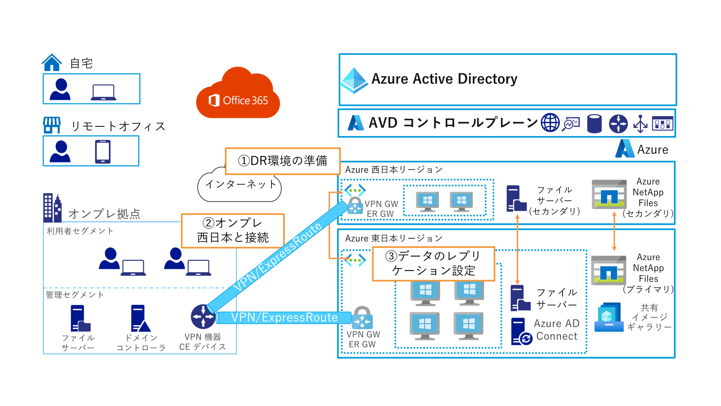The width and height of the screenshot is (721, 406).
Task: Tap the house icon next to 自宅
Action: pyautogui.click(x=52, y=63)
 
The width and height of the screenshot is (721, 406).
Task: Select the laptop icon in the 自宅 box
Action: pyautogui.click(x=103, y=92)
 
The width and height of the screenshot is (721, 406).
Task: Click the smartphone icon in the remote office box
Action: pyautogui.click(x=103, y=151)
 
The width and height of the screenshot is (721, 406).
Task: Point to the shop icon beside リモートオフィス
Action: pyautogui.click(x=52, y=125)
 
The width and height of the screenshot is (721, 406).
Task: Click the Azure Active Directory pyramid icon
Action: pyautogui.click(x=354, y=80)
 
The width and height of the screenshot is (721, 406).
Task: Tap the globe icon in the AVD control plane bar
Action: pyautogui.click(x=550, y=123)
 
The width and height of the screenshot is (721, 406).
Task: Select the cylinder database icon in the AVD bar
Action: pyautogui.click(x=594, y=124)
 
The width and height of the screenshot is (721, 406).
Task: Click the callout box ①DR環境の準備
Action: pyautogui.click(x=283, y=161)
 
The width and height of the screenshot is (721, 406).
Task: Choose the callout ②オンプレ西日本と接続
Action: pyautogui.click(x=233, y=230)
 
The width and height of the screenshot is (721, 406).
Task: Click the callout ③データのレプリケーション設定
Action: pyautogui.click(x=433, y=264)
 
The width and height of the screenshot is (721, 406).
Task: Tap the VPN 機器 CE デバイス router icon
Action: pyautogui.click(x=203, y=317)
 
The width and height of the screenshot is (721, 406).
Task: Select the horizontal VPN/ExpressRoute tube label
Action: pyautogui.click(x=284, y=318)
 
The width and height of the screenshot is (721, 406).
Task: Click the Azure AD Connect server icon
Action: pyautogui.click(x=520, y=332)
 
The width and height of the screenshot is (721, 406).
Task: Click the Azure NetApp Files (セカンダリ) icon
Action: pyautogui.click(x=609, y=194)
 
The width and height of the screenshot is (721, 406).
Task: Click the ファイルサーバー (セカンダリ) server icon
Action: pyautogui.click(x=516, y=198)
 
